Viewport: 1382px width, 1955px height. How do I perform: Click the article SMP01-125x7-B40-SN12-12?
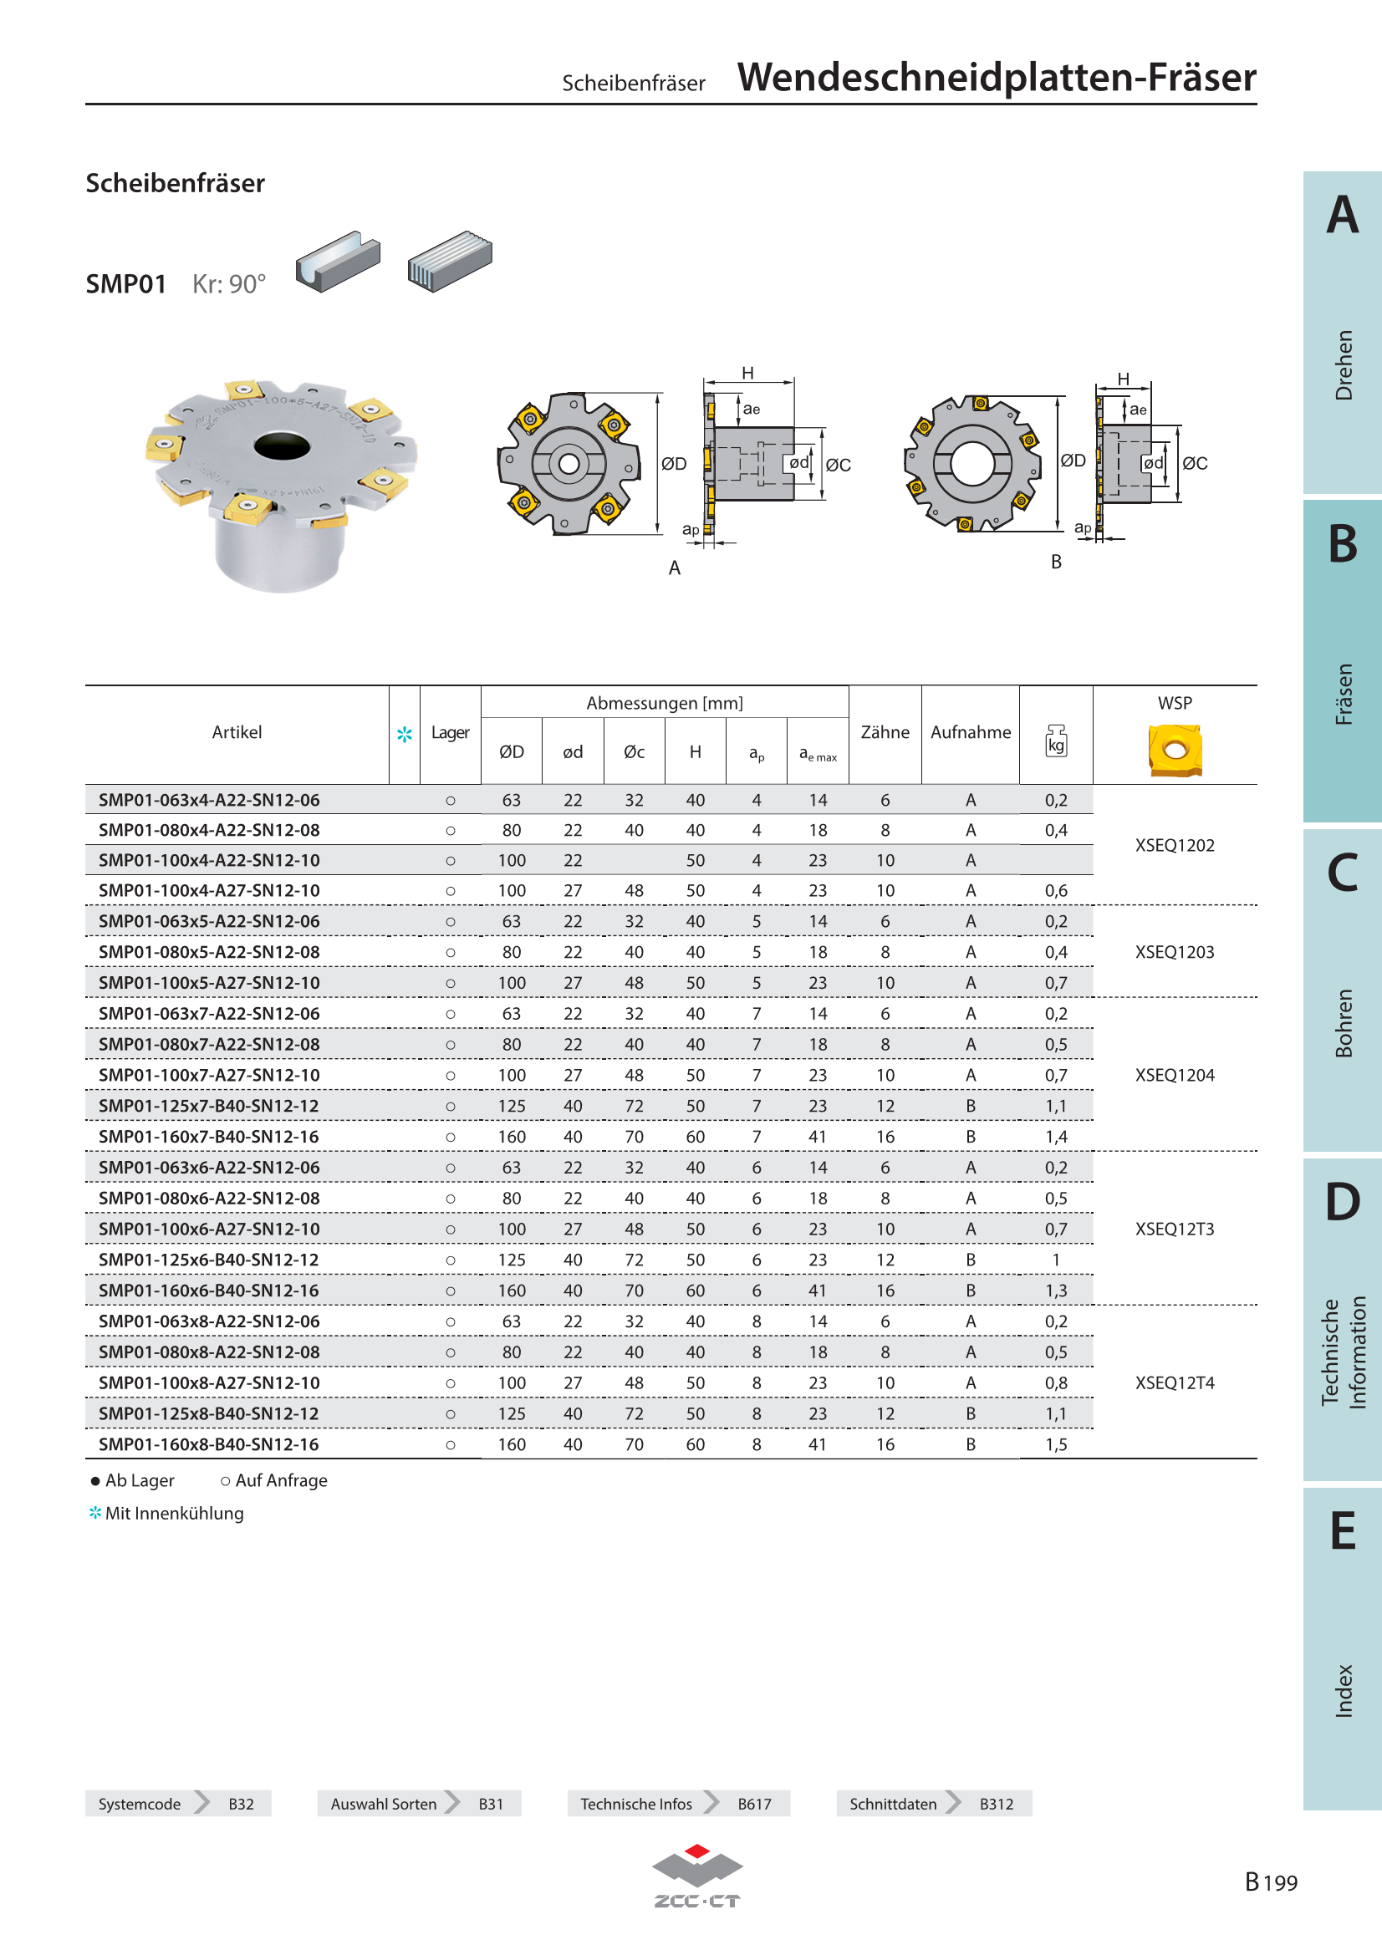tap(209, 1106)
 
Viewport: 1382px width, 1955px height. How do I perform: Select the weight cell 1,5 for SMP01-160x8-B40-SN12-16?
tap(1056, 1444)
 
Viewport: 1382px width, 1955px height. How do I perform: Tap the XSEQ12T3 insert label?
tap(1174, 1229)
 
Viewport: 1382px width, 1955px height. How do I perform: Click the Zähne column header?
tap(885, 732)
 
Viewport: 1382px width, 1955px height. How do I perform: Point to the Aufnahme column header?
tap(971, 732)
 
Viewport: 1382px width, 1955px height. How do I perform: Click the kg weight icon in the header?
tap(1056, 740)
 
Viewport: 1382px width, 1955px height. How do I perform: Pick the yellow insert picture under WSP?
tap(1175, 750)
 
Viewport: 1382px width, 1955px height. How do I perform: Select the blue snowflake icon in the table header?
tap(405, 734)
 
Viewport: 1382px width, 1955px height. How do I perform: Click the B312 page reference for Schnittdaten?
tap(997, 1804)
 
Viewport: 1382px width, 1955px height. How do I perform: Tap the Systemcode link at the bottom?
tap(140, 1804)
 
